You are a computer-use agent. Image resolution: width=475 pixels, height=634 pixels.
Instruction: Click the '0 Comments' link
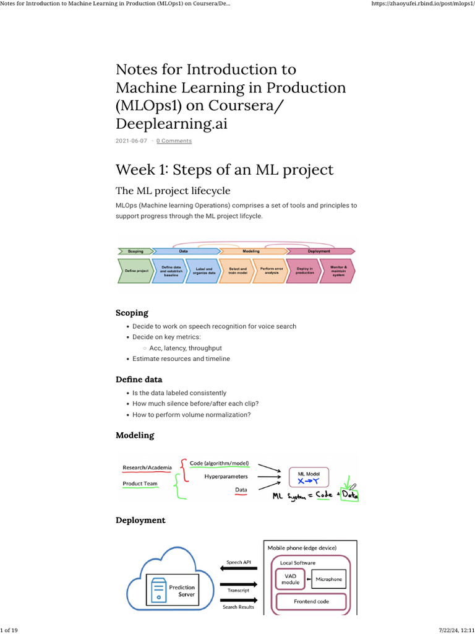coord(174,141)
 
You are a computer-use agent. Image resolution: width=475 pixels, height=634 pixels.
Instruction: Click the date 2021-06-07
coord(131,141)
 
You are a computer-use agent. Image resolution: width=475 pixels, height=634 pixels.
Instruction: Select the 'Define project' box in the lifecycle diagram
coord(135,271)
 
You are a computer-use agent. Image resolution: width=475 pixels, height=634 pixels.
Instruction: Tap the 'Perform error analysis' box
coord(268,271)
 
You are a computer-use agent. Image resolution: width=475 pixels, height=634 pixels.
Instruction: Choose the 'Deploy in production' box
coord(304,271)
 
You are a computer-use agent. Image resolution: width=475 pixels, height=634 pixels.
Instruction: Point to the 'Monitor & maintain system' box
coord(338,271)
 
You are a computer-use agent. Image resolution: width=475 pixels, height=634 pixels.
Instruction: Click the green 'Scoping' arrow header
coord(135,251)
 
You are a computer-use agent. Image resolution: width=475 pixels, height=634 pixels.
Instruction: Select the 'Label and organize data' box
coord(203,271)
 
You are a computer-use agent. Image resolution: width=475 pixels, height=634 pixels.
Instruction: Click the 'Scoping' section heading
coord(132,313)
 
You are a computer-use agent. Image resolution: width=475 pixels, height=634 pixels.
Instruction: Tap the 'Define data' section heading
coord(139,380)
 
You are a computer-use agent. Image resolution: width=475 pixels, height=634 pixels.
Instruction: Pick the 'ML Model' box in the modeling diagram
coord(309,477)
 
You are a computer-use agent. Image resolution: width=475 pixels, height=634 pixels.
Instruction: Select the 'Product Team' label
coord(140,484)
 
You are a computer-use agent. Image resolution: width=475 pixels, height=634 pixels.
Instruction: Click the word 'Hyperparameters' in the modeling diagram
coord(226,477)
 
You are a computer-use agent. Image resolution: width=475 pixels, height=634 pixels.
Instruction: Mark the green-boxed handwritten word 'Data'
coord(349,495)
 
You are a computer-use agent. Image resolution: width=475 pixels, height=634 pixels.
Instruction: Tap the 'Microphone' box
coord(328,580)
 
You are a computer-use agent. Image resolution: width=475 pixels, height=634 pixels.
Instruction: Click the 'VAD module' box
coord(290,580)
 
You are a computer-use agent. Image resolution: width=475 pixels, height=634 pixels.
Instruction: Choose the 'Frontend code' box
coord(311,601)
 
